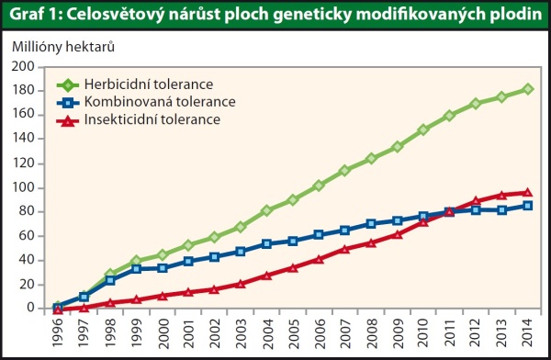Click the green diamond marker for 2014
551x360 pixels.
[527, 89]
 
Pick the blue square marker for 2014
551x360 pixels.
[527, 206]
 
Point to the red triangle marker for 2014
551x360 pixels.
[527, 193]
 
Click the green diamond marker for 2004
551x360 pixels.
[266, 210]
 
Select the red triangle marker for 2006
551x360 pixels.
[319, 259]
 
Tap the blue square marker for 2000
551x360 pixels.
[162, 268]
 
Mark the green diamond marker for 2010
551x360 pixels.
[423, 129]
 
